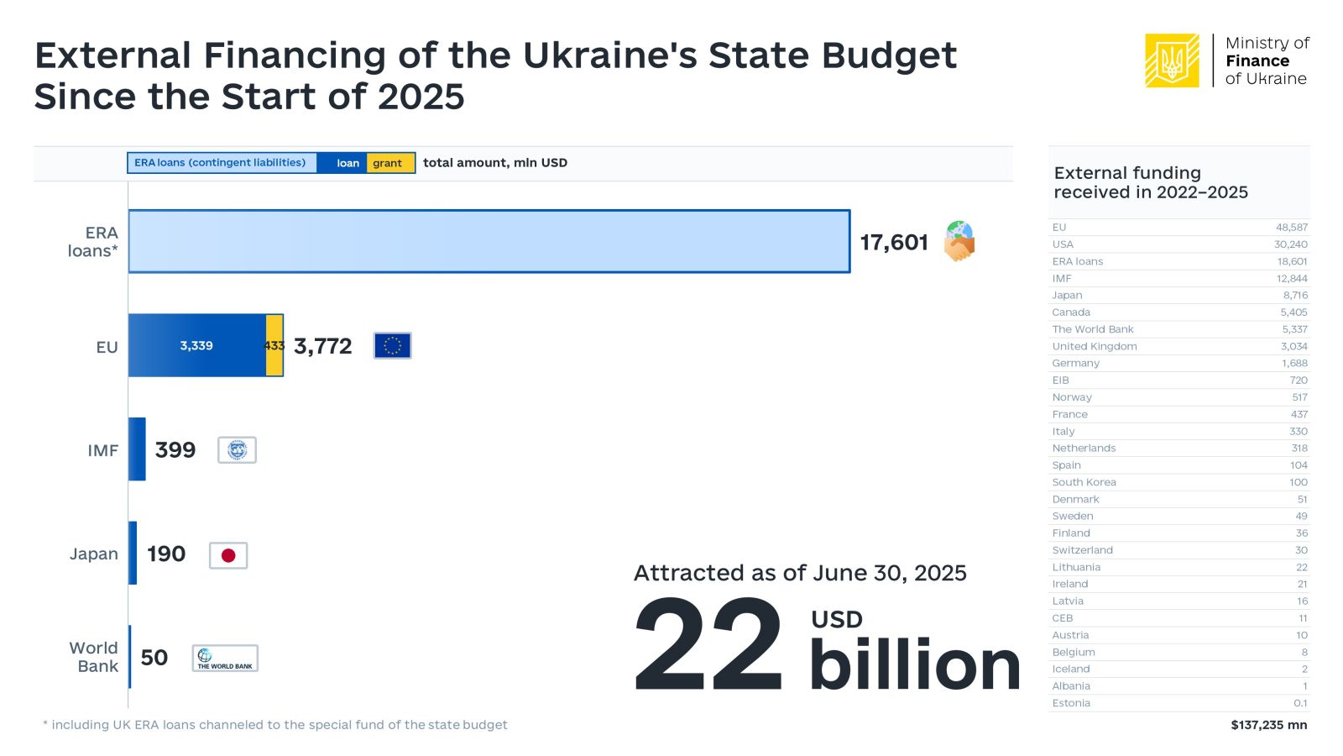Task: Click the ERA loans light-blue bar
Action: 489,241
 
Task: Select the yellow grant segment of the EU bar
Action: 274,345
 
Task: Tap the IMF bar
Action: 137,449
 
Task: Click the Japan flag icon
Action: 228,555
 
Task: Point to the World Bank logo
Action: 225,659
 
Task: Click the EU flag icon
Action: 392,345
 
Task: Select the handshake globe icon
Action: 959,241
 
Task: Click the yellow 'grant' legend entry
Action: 388,163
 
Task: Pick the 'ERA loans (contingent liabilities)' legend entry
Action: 221,163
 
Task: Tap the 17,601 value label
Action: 894,243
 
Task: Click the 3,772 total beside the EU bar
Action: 323,346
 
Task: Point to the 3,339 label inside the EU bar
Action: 196,345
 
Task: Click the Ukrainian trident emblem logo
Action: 1172,60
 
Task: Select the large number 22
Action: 708,645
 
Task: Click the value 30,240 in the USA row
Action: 1290,244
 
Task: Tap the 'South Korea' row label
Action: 1084,482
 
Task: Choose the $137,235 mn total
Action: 1268,725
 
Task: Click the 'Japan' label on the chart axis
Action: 94,554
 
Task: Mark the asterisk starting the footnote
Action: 45,723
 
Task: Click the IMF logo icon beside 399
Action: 237,450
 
